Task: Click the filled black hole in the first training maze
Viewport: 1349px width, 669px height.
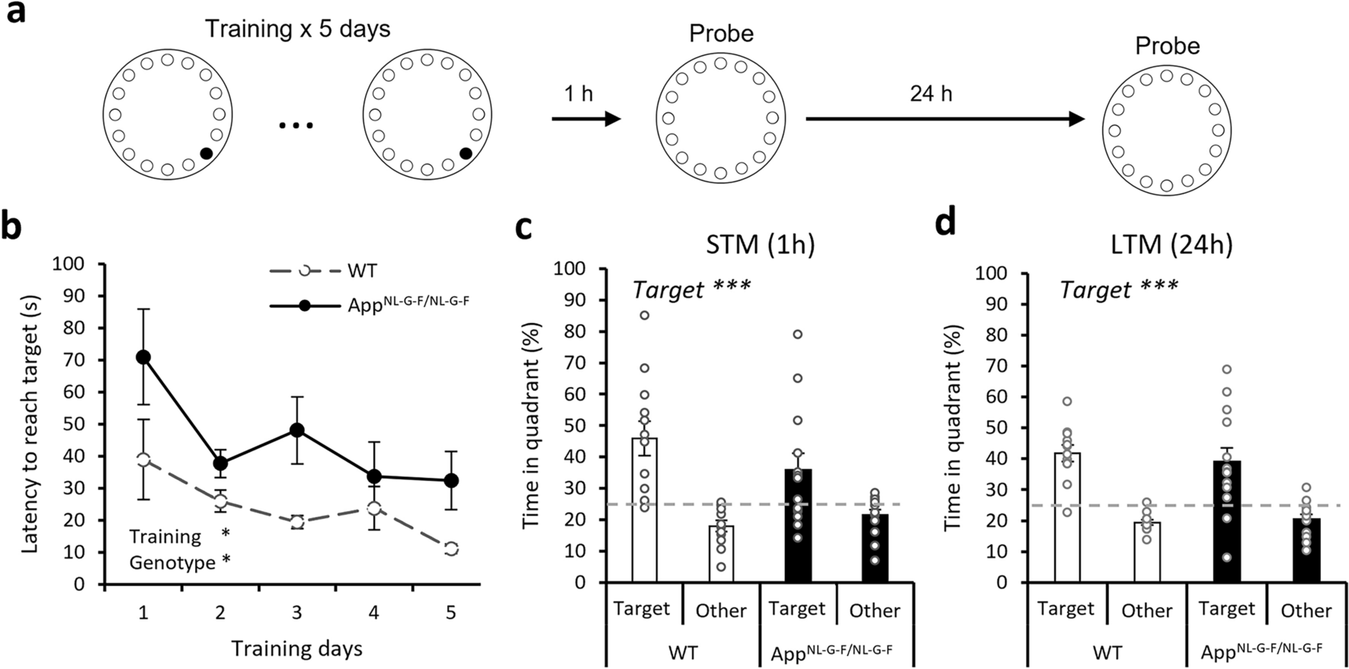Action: [206, 154]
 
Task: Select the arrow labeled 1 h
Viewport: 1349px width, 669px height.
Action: [585, 119]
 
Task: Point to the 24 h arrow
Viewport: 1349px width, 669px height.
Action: [944, 119]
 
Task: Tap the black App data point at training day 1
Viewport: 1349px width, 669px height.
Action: [143, 357]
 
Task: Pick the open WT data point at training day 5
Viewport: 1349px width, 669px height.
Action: [451, 549]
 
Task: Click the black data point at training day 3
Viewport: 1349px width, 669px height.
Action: [297, 430]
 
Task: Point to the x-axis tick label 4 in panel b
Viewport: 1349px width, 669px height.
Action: [373, 613]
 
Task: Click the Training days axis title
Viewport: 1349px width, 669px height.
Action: [296, 648]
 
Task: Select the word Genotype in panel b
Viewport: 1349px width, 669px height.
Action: [172, 563]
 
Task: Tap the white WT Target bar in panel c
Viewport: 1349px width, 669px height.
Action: [644, 518]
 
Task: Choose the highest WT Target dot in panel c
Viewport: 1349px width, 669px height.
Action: [645, 315]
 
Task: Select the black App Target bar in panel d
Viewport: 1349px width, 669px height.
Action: [1227, 526]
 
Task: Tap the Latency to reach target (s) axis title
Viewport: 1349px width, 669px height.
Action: [30, 424]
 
